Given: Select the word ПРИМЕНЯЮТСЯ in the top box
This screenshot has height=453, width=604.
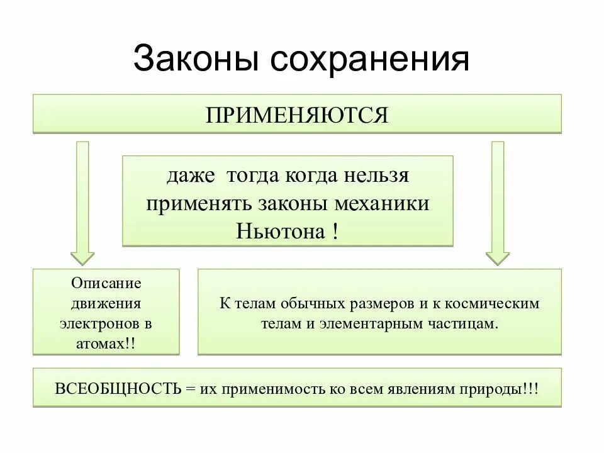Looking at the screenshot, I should [x=297, y=115].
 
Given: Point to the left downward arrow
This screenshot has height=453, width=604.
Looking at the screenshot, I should [x=82, y=201].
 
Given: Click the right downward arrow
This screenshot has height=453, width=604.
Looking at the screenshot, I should [x=498, y=201].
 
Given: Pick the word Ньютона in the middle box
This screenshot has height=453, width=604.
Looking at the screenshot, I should [x=279, y=231].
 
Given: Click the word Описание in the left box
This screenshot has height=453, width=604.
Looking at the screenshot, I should [x=106, y=283].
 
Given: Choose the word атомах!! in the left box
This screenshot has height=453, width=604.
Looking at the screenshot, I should [x=106, y=344].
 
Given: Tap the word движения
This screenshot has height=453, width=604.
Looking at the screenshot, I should [x=106, y=303].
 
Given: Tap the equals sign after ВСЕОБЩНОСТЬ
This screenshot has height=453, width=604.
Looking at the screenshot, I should [x=191, y=388].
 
